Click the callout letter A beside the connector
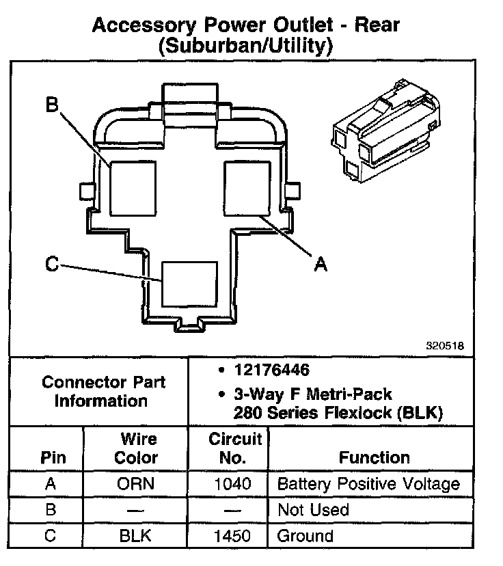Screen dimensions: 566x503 (320, 262)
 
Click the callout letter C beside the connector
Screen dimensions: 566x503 (51, 263)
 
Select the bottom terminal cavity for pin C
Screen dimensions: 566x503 (189, 284)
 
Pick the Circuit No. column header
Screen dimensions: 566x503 (235, 448)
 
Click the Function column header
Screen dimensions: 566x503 (374, 457)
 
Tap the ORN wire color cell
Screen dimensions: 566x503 (135, 485)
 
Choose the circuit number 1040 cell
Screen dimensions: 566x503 (232, 485)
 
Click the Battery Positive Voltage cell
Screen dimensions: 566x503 (368, 485)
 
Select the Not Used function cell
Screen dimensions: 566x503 (313, 510)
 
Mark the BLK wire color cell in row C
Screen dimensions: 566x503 (135, 536)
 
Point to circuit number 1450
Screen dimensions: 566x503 (232, 536)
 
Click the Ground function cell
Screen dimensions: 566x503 (305, 536)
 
